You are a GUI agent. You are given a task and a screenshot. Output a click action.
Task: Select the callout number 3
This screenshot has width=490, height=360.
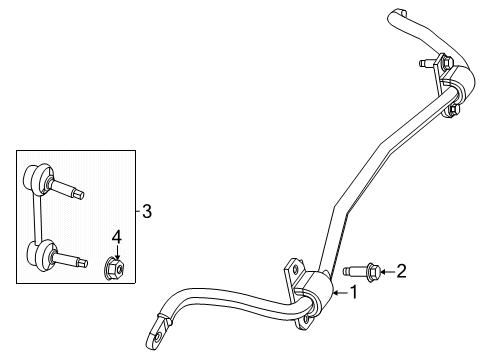[x=146, y=211]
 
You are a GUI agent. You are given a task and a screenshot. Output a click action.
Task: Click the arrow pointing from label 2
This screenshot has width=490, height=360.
[x=387, y=269]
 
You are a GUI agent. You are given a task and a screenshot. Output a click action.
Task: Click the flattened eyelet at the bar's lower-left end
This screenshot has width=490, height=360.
[x=159, y=327]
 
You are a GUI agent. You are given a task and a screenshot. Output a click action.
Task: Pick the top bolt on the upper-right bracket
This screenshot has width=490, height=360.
[x=429, y=65]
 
